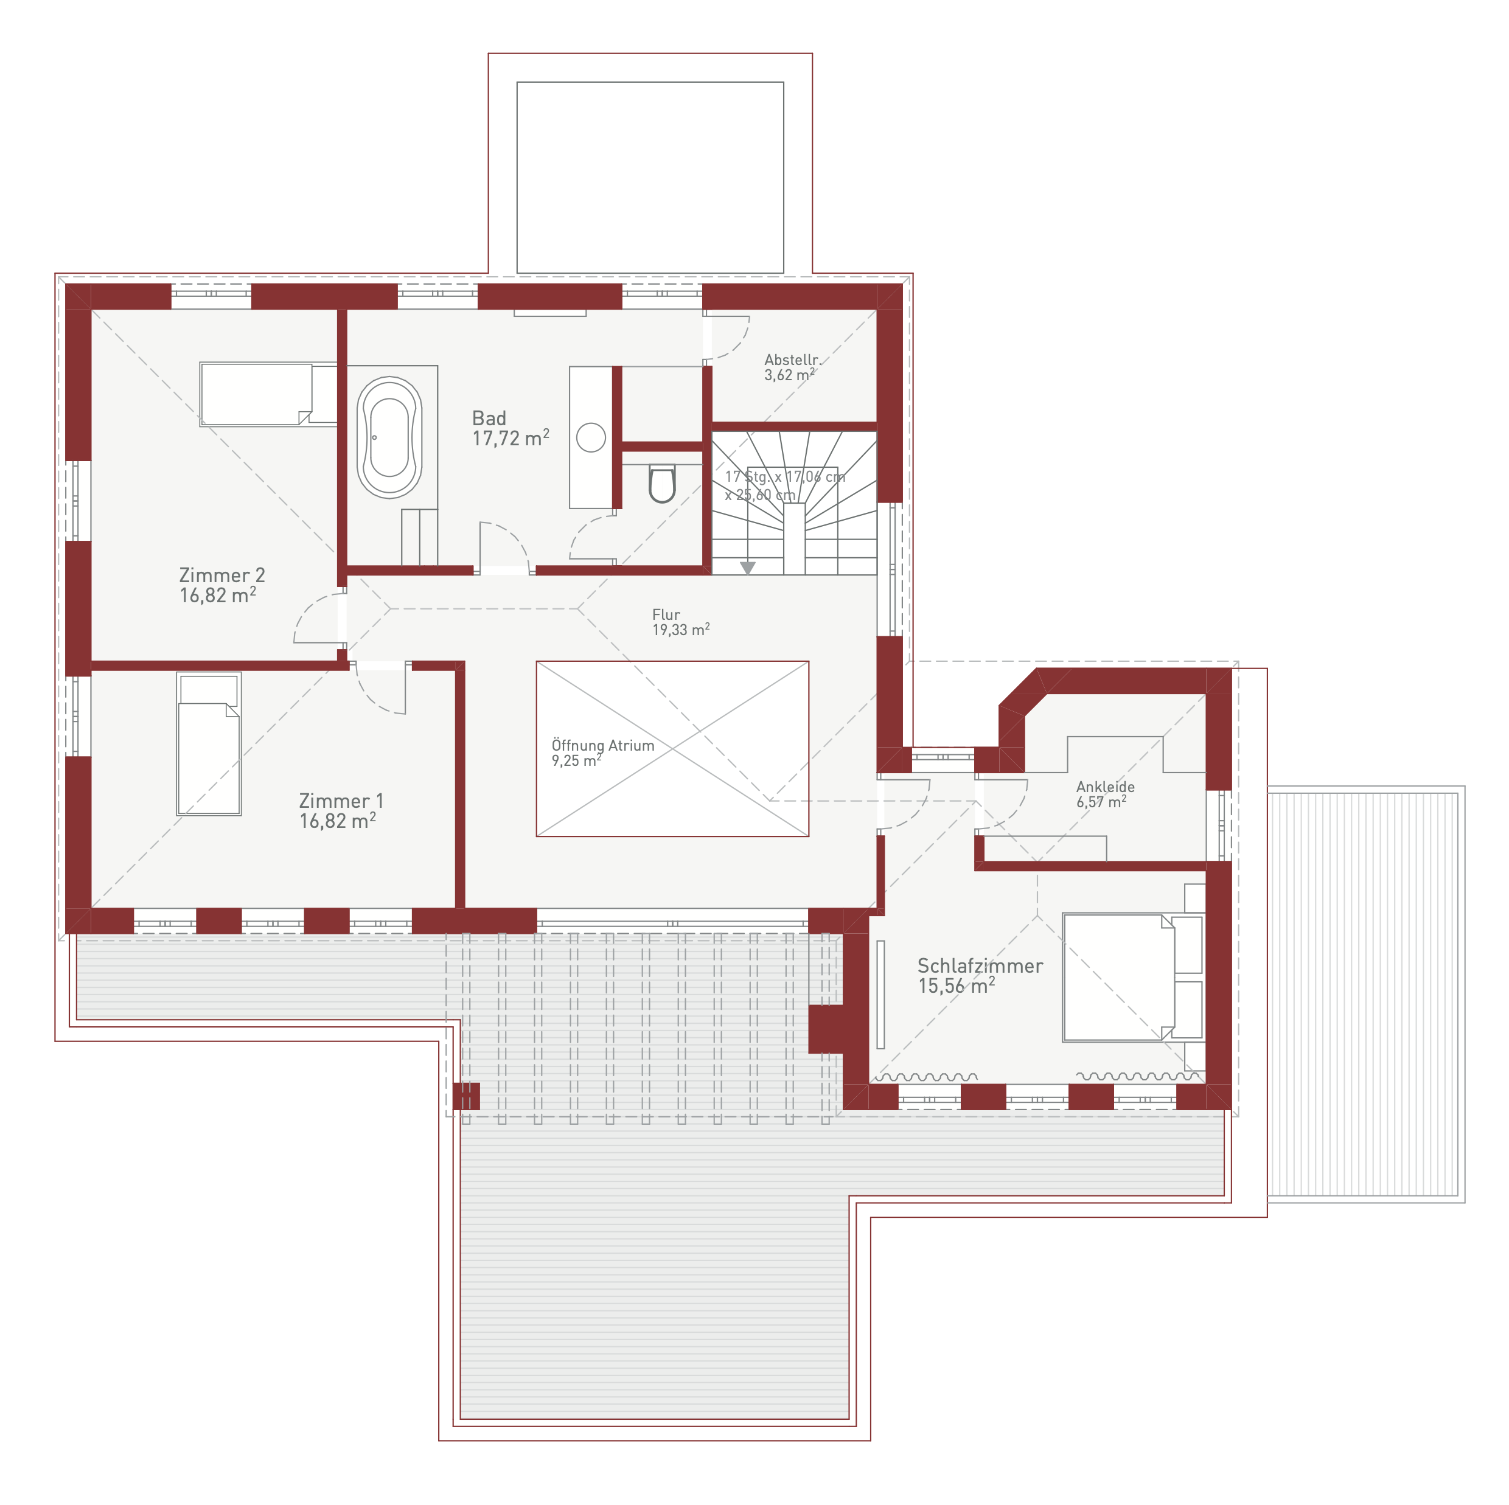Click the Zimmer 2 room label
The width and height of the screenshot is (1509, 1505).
tap(222, 585)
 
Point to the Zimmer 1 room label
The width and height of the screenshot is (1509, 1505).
tap(341, 811)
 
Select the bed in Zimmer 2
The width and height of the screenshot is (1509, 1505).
tap(256, 394)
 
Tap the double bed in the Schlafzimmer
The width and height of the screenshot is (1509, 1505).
tap(1132, 977)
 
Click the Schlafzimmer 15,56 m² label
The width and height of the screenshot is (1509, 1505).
tap(980, 976)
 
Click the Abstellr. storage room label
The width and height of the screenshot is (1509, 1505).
tap(791, 367)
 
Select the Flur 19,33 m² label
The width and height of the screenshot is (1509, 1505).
tap(680, 622)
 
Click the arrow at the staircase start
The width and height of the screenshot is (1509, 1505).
tap(747, 568)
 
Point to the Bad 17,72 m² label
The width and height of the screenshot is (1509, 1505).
tap(510, 428)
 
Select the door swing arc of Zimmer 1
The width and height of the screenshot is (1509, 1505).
tap(375, 697)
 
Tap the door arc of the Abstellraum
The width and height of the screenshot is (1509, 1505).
tap(738, 344)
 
